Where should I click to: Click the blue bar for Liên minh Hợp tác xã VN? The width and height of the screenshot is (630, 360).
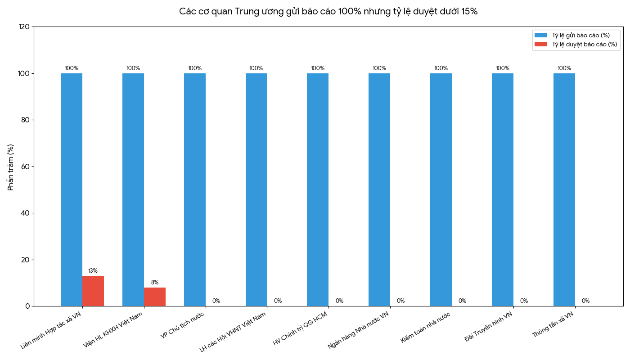[x=72, y=189]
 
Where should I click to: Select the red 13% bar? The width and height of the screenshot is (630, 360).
[x=93, y=291]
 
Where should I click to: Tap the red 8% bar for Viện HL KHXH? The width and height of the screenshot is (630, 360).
[x=155, y=297]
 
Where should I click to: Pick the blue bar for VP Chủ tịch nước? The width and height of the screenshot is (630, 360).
[x=195, y=189]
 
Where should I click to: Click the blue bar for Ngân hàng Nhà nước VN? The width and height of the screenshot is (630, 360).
[x=379, y=189]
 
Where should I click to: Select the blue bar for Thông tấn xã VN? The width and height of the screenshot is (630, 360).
[x=564, y=189]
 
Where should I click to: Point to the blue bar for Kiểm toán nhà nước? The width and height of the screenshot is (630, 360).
[x=441, y=189]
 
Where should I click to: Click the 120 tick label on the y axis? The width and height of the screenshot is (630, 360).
[x=24, y=27]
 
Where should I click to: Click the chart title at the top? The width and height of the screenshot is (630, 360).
[x=328, y=11]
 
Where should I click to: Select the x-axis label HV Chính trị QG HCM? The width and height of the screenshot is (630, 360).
[x=300, y=328]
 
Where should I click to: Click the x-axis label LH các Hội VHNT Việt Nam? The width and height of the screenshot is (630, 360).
[x=233, y=332]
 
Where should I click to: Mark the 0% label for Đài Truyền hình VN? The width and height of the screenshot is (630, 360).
[x=524, y=301]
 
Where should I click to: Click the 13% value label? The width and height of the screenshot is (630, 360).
[x=93, y=271]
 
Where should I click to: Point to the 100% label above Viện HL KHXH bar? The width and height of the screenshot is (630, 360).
[x=133, y=68]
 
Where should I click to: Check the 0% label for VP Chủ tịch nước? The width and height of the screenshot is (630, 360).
[x=216, y=301]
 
